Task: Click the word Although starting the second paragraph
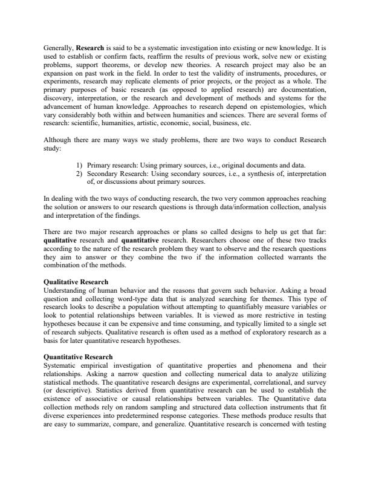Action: pyautogui.click(x=59, y=139)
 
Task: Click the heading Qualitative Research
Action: pyautogui.click(x=76, y=281)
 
